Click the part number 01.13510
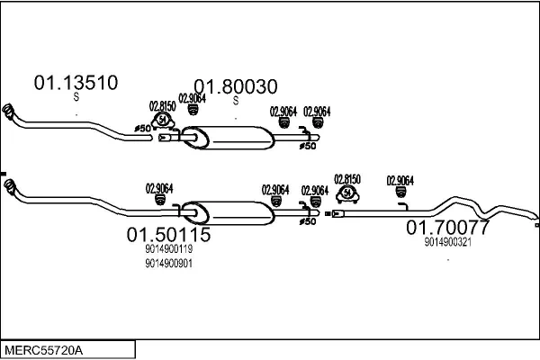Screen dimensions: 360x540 tap(76, 84)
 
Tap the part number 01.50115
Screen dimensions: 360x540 tap(168, 235)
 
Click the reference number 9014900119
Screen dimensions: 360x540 tap(168, 249)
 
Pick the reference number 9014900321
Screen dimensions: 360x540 tap(447, 241)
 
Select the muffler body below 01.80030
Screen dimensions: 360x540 tap(238, 137)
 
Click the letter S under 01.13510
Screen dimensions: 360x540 tap(76, 98)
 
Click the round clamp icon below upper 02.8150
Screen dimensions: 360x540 tap(163, 120)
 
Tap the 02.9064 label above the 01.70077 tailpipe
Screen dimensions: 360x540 tap(400, 180)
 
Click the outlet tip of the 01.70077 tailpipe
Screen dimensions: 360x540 tap(535, 218)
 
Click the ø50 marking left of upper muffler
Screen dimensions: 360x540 tap(142, 128)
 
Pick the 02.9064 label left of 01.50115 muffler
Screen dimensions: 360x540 tap(159, 188)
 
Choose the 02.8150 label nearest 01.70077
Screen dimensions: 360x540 tap(347, 178)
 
